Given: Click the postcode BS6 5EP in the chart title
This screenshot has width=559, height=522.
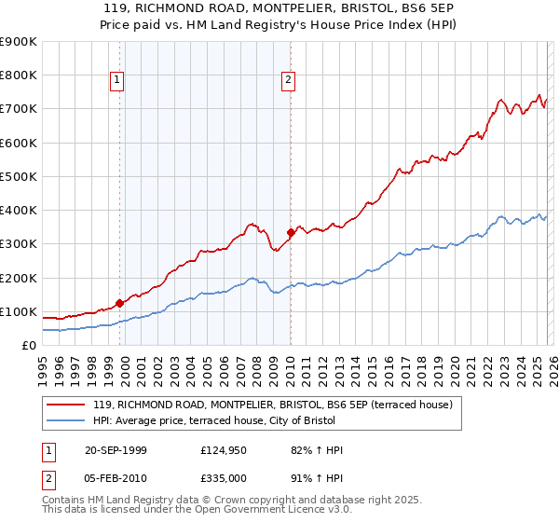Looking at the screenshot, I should pos(410,8).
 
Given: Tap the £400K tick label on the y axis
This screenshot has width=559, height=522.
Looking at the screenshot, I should pos(19,211).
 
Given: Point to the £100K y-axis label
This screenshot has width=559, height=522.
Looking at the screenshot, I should pos(19,311).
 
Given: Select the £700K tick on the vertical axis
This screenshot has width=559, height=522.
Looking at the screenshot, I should pos(19,109).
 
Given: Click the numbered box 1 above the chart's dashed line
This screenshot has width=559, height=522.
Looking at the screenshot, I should pos(117,81).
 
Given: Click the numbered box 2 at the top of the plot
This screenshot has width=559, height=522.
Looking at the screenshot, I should pos(288,81).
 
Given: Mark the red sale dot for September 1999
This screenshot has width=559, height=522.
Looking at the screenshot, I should pos(120,303).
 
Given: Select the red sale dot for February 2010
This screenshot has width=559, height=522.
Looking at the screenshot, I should pos(291,232).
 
